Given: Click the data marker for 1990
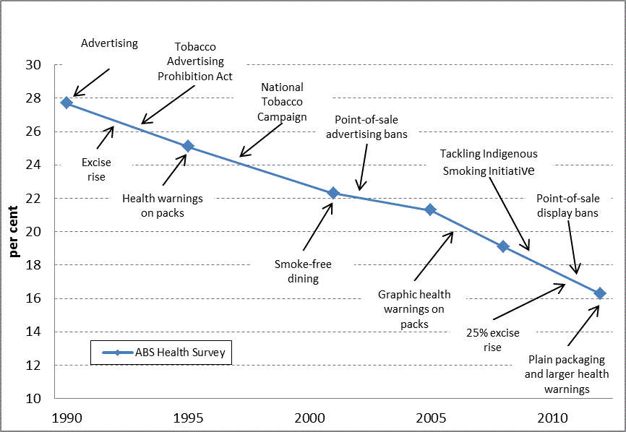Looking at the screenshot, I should pos(67,103).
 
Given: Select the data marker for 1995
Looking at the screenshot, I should pos(188,146).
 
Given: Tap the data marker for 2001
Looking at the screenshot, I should pos(333,193).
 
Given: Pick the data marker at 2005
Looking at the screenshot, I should pos(430,209).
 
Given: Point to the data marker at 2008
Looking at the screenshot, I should pos(503,246).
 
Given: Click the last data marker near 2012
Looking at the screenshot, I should pos(599,293).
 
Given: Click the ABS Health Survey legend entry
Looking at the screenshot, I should pos(161,353).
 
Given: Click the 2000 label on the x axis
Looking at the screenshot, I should pos(309,418).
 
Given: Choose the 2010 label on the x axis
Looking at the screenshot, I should pos(551,418).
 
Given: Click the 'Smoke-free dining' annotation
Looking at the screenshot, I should pos(302,271).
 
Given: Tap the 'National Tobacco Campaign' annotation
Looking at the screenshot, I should pos(282,102).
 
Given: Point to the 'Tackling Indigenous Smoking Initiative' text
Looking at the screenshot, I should pos(489,163).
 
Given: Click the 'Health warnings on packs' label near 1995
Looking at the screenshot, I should pos(163,205).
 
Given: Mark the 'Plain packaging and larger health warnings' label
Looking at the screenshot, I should pos(567,374).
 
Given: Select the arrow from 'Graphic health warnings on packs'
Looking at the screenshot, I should pos(434,256).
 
